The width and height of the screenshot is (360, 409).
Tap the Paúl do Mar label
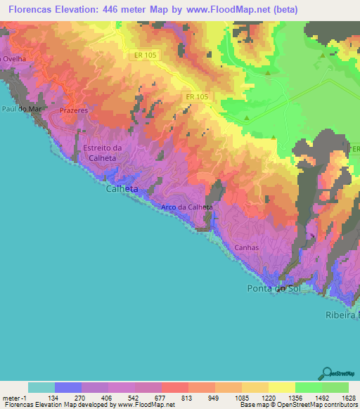[x=19, y=109]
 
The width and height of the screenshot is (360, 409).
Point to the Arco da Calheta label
[x=186, y=207]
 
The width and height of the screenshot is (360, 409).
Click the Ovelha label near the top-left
[x=14, y=59]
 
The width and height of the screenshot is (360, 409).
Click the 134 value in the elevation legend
[x=55, y=397]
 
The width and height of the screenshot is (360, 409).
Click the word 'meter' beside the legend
[x=13, y=397]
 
